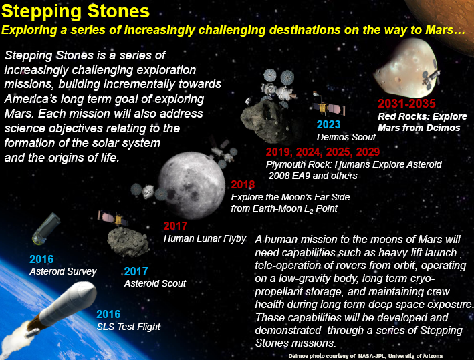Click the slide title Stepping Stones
[75, 12]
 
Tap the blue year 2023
[329, 124]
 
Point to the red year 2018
[243, 184]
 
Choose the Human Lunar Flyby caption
[205, 238]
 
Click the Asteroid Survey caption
[63, 271]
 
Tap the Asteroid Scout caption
[155, 283]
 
